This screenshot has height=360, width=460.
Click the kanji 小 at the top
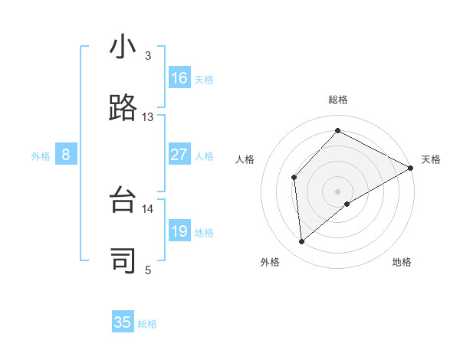(x=123, y=48)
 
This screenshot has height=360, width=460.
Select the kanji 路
(x=123, y=109)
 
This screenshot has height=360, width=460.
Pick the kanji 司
(x=123, y=261)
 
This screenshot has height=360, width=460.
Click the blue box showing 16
(x=179, y=78)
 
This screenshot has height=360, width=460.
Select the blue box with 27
(x=179, y=155)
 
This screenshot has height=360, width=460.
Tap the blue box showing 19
(x=179, y=231)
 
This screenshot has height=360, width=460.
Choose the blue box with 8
(x=66, y=155)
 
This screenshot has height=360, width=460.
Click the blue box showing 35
(x=123, y=322)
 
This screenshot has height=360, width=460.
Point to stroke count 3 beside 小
(x=148, y=56)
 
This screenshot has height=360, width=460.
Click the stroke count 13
(x=148, y=117)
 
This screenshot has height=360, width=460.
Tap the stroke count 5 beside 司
(x=148, y=270)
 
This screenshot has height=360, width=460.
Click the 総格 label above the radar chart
(x=338, y=100)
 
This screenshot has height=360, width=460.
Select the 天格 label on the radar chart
(x=431, y=159)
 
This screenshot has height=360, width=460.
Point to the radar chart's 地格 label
(x=402, y=262)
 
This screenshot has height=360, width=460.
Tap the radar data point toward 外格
(x=302, y=241)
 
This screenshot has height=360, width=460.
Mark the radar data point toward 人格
(x=294, y=178)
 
